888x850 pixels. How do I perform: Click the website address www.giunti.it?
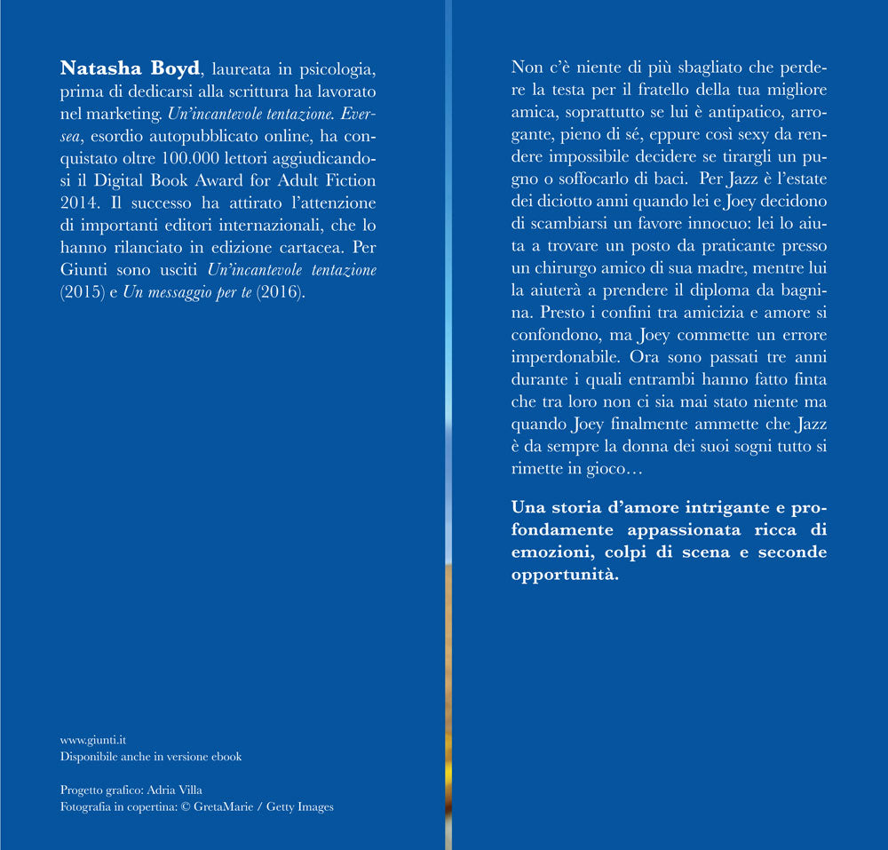point(92,739)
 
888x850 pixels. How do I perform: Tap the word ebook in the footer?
point(226,757)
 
